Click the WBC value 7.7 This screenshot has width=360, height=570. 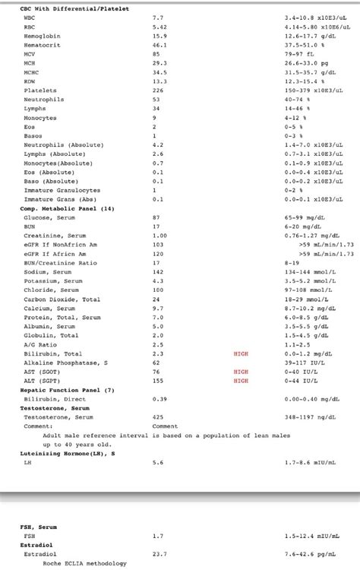(157, 16)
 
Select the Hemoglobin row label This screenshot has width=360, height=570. (43, 35)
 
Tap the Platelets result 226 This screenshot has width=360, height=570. (158, 90)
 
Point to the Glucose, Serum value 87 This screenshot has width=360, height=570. (156, 217)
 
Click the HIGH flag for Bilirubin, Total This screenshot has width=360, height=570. (241, 353)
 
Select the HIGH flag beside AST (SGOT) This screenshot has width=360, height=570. (241, 372)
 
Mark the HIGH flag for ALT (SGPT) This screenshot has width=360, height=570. (241, 381)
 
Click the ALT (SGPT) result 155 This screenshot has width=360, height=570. (158, 381)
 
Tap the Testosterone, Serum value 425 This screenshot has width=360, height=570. (158, 417)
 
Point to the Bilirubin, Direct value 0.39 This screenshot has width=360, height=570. (159, 399)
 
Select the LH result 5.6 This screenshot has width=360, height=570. (157, 462)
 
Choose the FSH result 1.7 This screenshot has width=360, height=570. (157, 536)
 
